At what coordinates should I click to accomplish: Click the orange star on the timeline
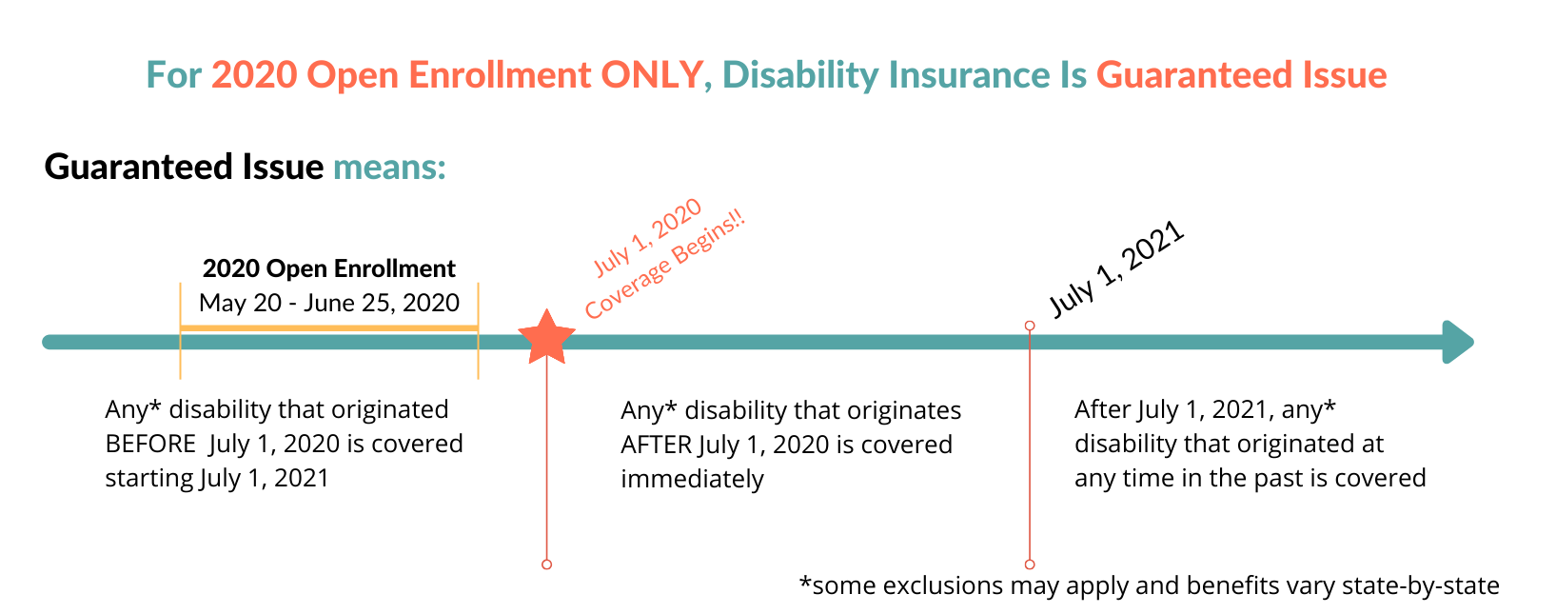tap(546, 338)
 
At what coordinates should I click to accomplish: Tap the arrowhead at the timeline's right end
tap(1458, 342)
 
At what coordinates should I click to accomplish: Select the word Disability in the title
tap(800, 75)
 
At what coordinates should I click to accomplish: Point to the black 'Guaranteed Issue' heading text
tap(184, 167)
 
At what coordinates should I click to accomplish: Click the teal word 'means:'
tap(389, 168)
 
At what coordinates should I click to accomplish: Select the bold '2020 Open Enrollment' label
tap(329, 268)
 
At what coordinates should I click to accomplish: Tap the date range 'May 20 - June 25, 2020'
tap(329, 303)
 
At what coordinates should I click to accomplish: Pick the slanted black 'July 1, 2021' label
tap(1116, 268)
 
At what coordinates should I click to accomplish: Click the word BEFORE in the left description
tap(150, 444)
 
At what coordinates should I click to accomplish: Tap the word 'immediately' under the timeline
tap(692, 479)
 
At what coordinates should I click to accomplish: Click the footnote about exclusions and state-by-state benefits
tap(1149, 585)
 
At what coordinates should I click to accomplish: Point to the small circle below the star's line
tap(546, 564)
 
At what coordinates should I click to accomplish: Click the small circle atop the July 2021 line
tap(1030, 326)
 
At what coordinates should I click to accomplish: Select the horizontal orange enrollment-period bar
tap(329, 327)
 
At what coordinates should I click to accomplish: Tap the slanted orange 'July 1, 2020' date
tap(647, 238)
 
